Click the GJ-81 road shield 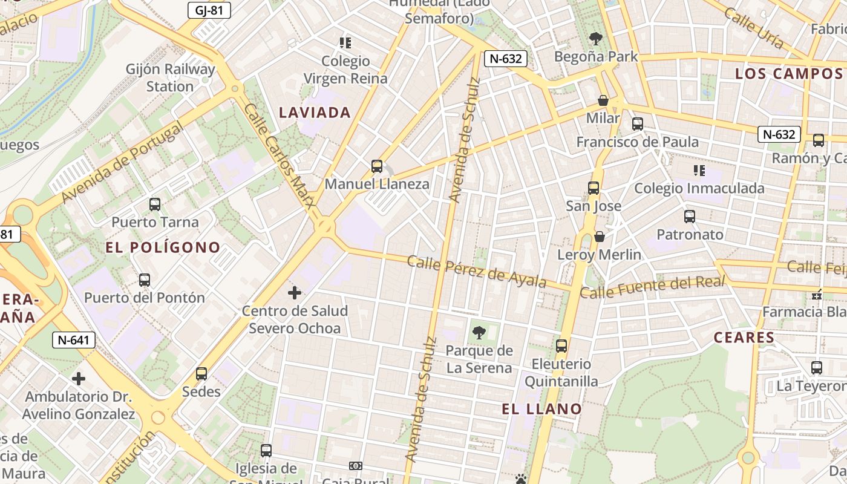coord(209,10)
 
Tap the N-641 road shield coord(74,340)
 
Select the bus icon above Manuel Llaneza coord(377,166)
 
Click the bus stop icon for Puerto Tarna coord(155,204)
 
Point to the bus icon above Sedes coord(201,374)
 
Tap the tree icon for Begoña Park coord(596,39)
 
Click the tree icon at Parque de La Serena coord(479,332)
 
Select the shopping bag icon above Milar coord(603,100)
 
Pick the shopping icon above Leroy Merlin coord(600,237)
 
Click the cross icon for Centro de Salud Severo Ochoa coord(295,293)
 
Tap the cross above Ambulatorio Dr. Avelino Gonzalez coord(79,379)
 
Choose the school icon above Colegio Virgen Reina coord(345,43)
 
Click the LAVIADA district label coord(315,113)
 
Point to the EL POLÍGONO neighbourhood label coord(163,247)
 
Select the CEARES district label coord(744,338)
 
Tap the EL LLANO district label coord(542,409)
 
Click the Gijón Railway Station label coord(170,77)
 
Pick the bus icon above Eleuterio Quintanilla coord(561,346)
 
